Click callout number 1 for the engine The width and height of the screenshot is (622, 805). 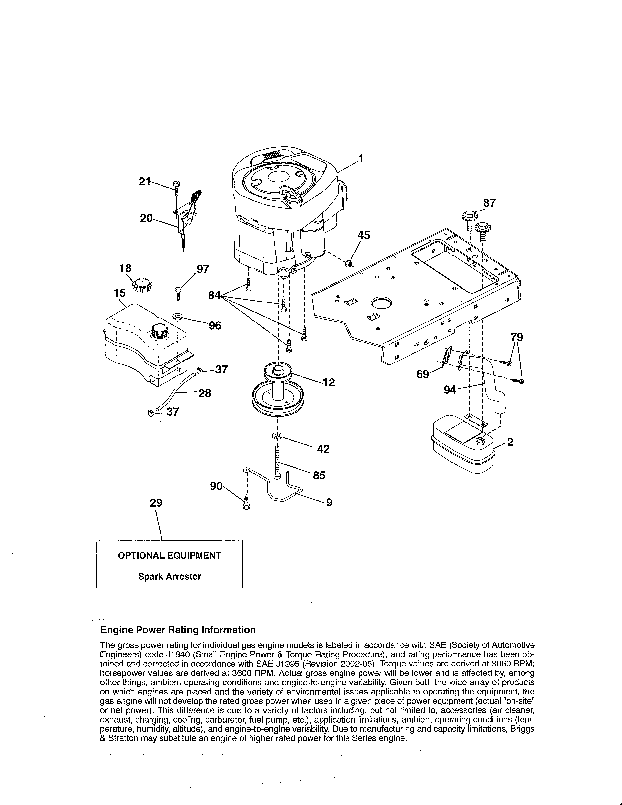(361, 159)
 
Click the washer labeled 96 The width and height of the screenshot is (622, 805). (178, 317)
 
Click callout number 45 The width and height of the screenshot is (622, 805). (364, 235)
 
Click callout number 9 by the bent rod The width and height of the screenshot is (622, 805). (329, 502)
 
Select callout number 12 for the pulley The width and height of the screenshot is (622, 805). (329, 382)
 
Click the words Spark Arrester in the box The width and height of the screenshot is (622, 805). (170, 576)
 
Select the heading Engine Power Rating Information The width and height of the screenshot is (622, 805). (178, 630)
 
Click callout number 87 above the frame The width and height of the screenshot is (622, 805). (489, 203)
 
